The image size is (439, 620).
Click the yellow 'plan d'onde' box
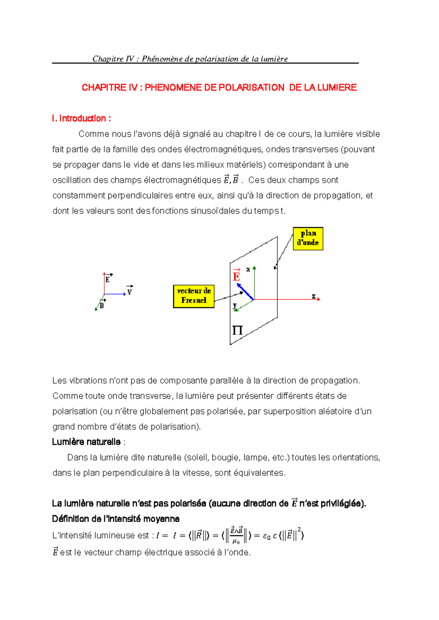coord(308,238)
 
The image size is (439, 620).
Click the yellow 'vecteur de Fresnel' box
coord(194,296)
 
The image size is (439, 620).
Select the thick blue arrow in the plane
coord(245,292)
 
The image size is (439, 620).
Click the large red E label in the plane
coord(236,276)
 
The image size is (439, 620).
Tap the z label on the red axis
coord(314,296)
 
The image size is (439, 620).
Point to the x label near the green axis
coord(248,269)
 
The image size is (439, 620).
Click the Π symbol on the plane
coord(237,330)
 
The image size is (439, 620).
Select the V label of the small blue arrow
coord(130,292)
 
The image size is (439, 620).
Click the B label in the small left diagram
coord(102,305)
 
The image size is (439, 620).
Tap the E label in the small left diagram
coord(108,279)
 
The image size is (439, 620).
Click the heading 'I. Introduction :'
coord(81,118)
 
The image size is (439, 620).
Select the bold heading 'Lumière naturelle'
coord(86,442)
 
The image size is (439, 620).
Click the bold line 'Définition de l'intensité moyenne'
coord(116,519)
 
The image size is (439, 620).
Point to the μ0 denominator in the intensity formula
coord(236,542)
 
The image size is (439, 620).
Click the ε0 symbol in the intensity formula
coord(267,537)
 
